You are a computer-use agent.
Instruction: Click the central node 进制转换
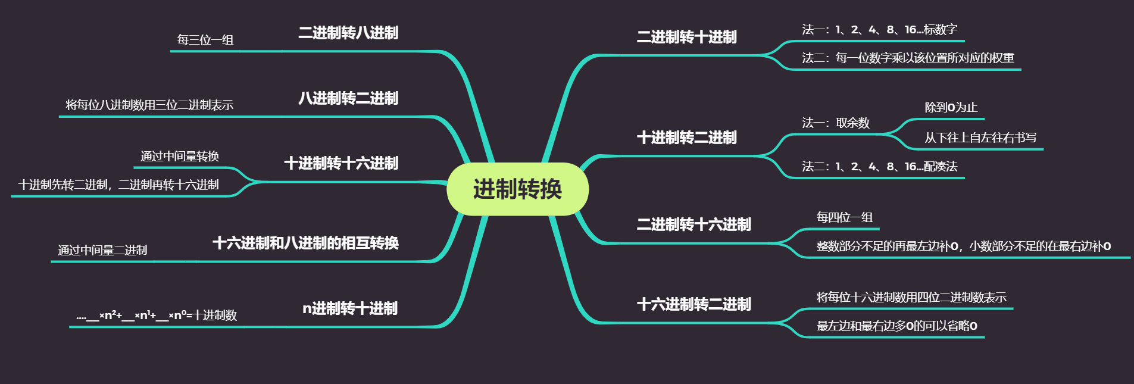click(517, 189)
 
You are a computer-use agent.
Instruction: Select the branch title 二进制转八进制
click(348, 33)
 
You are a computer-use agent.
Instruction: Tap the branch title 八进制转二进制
click(348, 98)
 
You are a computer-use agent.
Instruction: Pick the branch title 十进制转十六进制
click(341, 163)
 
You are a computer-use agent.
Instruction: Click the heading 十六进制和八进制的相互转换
click(305, 243)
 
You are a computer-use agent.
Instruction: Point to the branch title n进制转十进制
click(350, 308)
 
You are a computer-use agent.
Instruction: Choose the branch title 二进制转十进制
click(686, 38)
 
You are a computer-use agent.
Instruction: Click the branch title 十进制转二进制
click(686, 138)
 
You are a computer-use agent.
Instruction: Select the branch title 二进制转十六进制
click(693, 225)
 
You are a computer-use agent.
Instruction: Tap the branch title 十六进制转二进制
click(693, 305)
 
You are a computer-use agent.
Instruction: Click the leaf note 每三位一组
click(205, 40)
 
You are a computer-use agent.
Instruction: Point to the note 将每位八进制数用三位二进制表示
click(149, 105)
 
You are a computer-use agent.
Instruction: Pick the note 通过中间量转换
click(180, 157)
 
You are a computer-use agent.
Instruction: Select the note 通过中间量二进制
click(102, 251)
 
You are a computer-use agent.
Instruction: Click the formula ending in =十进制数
click(157, 316)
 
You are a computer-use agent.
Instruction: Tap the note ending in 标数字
click(879, 30)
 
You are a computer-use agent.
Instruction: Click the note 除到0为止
click(951, 108)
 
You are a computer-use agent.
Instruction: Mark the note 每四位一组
click(844, 218)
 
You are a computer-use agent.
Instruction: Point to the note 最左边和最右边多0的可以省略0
click(896, 326)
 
